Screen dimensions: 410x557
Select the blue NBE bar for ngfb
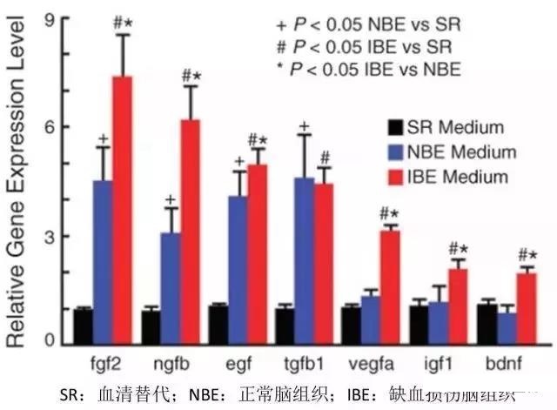[171, 288]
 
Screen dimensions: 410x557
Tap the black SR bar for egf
[218, 324]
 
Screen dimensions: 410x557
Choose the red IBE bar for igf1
[458, 306]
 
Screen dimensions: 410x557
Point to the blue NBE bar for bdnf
[506, 327]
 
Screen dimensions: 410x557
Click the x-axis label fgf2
[104, 360]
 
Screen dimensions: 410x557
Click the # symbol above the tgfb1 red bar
[325, 157]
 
